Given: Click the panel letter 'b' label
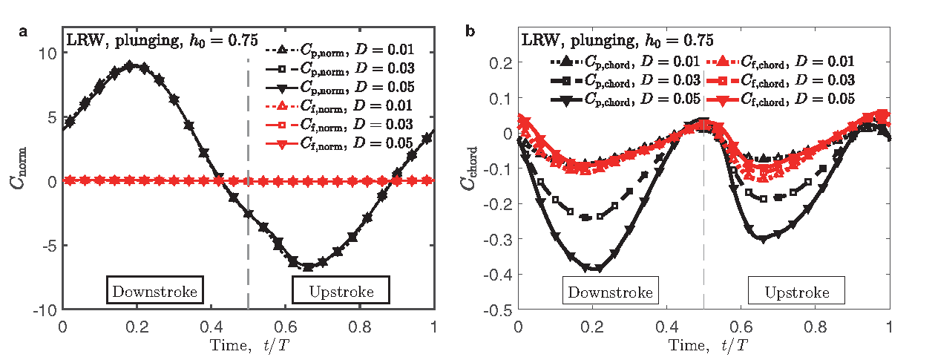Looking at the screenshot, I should pyautogui.click(x=470, y=31).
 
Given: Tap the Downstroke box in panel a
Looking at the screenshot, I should pyautogui.click(x=155, y=291).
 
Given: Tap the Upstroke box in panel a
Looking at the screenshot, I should pyautogui.click(x=342, y=291).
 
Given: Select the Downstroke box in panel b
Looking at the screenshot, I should pyautogui.click(x=610, y=292).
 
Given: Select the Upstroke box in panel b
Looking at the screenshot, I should pyautogui.click(x=796, y=292).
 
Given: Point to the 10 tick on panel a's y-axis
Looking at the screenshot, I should pyautogui.click(x=48, y=54).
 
